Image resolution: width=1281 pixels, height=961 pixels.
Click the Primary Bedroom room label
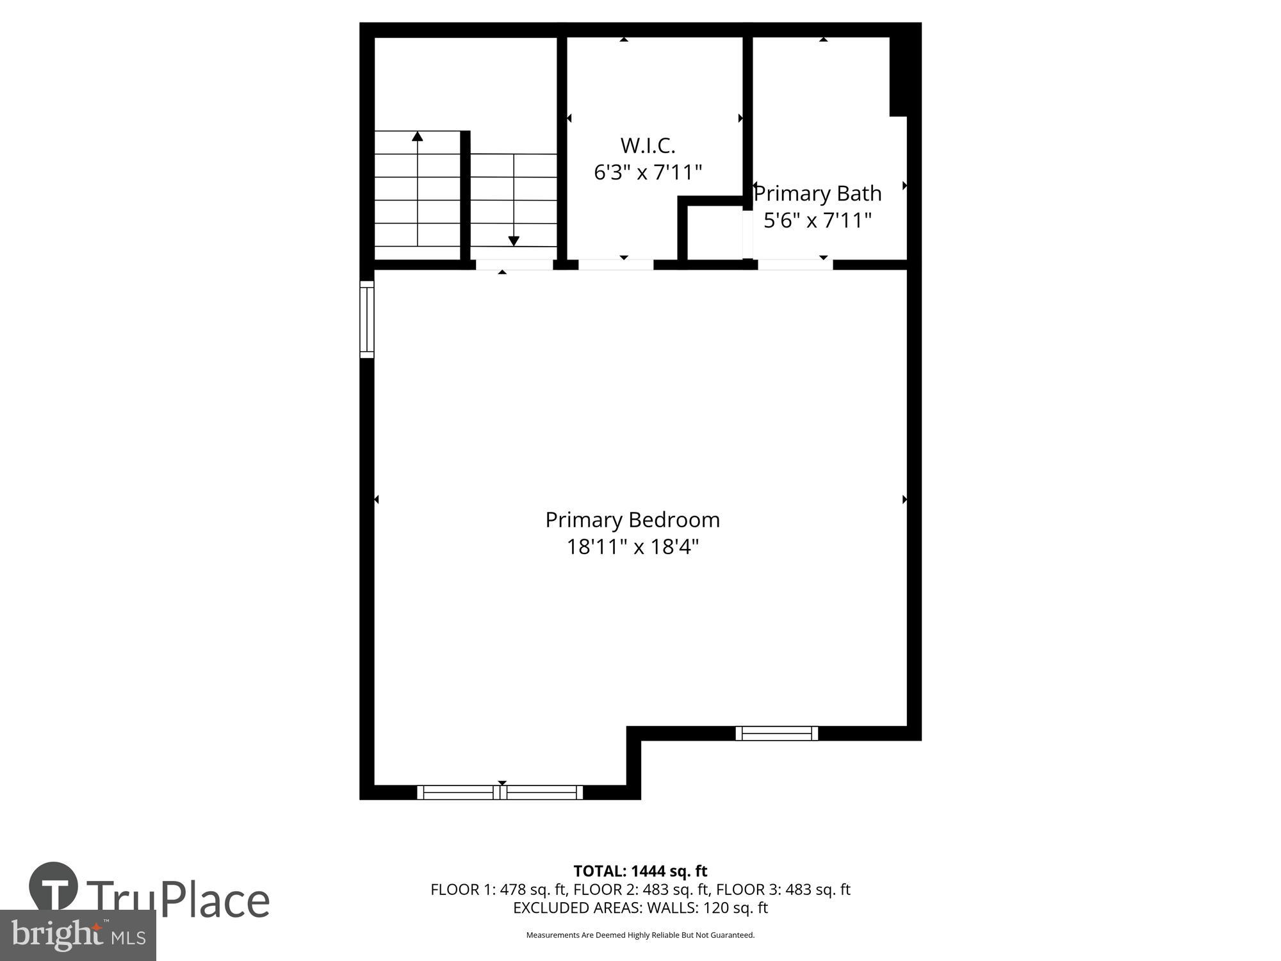pyautogui.click(x=632, y=520)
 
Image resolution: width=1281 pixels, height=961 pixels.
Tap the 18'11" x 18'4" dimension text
pyautogui.click(x=632, y=547)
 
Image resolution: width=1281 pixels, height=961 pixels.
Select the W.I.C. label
pyautogui.click(x=648, y=146)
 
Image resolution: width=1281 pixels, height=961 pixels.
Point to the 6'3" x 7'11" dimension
pyautogui.click(x=648, y=172)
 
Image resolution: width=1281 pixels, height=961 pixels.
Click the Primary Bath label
pyautogui.click(x=818, y=193)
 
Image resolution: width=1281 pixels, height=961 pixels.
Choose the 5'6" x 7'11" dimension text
pyautogui.click(x=817, y=220)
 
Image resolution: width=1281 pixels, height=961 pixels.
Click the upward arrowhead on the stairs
pyautogui.click(x=418, y=136)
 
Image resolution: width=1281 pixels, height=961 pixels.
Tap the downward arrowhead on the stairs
pyautogui.click(x=514, y=241)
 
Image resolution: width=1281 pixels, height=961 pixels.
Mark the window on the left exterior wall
pyautogui.click(x=366, y=319)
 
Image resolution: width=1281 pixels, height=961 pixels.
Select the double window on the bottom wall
pyautogui.click(x=500, y=793)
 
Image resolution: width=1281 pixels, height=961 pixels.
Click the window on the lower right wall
pyautogui.click(x=776, y=733)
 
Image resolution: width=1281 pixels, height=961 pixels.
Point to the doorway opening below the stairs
pyautogui.click(x=514, y=265)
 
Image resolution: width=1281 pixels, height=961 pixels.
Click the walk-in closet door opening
pyautogui.click(x=616, y=265)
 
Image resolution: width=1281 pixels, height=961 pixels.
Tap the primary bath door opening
pyautogui.click(x=795, y=265)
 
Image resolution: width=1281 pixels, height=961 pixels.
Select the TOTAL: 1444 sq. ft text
pyautogui.click(x=640, y=871)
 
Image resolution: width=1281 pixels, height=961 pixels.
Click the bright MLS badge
pyautogui.click(x=78, y=936)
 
